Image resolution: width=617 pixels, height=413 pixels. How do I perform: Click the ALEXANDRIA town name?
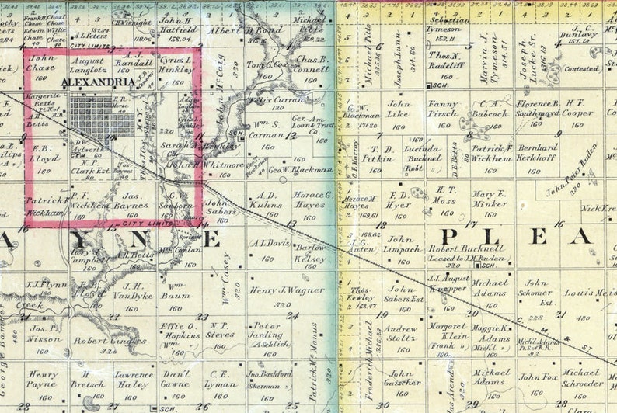click(89, 81)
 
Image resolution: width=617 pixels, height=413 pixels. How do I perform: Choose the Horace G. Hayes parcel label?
click(310, 200)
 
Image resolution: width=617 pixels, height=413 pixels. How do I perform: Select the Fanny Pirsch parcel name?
click(443, 109)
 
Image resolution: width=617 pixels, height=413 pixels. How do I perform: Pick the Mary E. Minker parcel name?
click(490, 199)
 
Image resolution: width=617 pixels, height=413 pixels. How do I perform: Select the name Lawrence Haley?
click(134, 380)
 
